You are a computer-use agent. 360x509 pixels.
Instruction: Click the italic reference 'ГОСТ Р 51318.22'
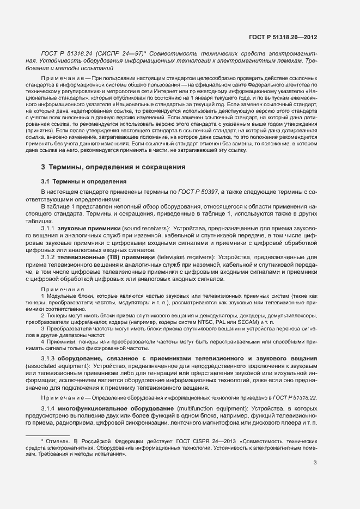[293, 398]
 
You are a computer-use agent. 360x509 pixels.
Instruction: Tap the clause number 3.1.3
[49, 359]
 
